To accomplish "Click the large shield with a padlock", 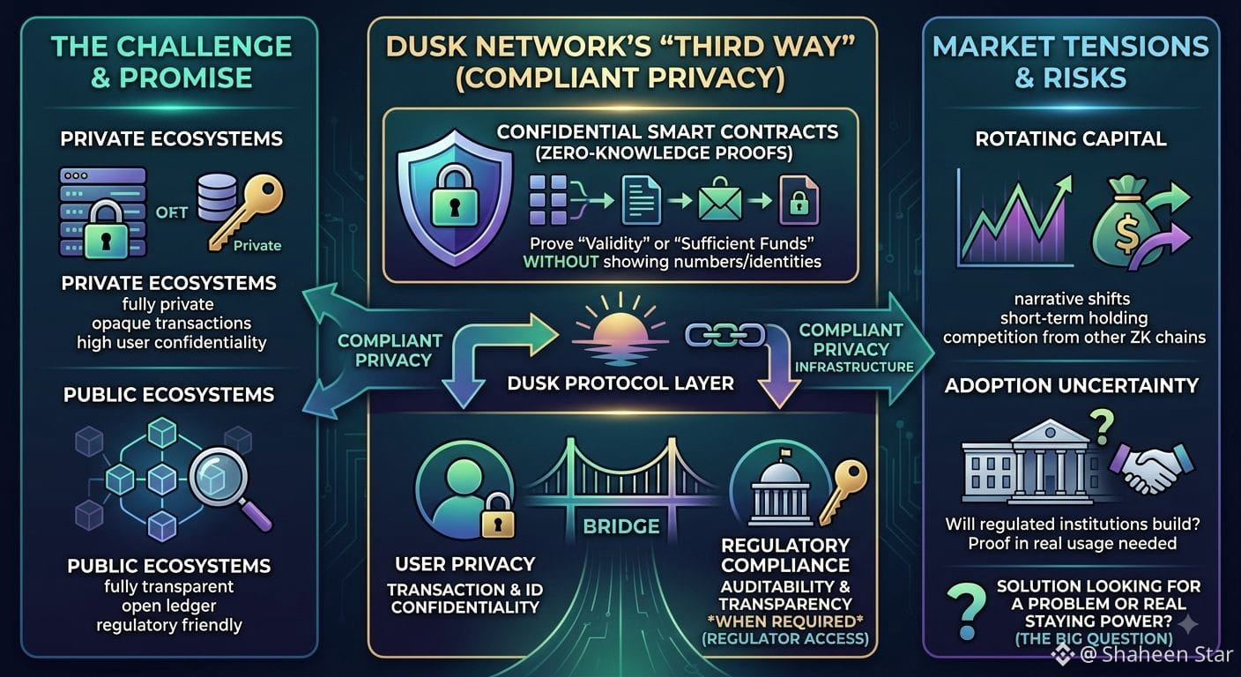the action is pos(455,197).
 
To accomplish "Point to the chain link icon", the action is pos(725,335).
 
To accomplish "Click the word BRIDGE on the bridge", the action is pos(621,526).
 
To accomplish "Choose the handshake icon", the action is pos(1151,469).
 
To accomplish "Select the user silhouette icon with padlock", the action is pos(465,490).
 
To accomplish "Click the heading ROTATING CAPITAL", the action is pos(1071,138).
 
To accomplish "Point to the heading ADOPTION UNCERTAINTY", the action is pos(1072,385).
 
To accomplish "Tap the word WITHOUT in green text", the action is pos(561,262).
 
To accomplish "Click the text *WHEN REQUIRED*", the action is pos(785,621).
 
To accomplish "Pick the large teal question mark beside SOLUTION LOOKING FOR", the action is pos(966,612).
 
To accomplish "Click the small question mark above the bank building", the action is pos(1102,427).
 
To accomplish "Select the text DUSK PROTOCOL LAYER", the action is pos(620,383).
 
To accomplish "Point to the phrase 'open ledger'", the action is pos(169,606).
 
